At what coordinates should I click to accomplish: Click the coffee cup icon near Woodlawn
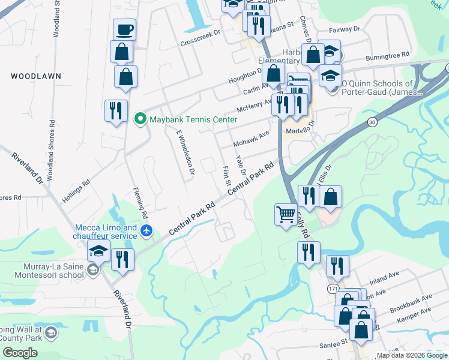pos(125,29)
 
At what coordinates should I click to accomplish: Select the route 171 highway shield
pos(333,289)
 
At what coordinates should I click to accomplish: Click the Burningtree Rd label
pos(388,56)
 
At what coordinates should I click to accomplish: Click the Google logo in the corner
pos(20,352)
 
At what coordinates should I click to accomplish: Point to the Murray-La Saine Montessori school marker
pos(92,271)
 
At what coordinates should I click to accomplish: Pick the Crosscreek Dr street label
pos(200,37)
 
